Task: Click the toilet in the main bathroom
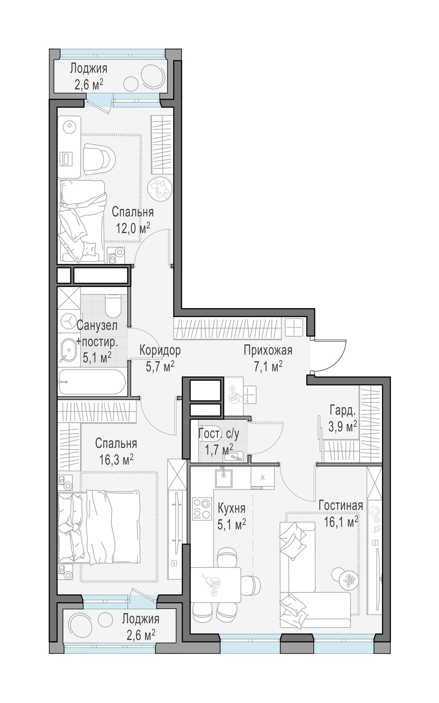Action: tap(113, 307)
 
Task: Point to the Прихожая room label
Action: tap(268, 350)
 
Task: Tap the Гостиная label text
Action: tap(341, 506)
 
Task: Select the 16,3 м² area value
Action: tap(116, 459)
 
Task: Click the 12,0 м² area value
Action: tap(133, 228)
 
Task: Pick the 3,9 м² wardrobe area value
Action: tap(343, 427)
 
